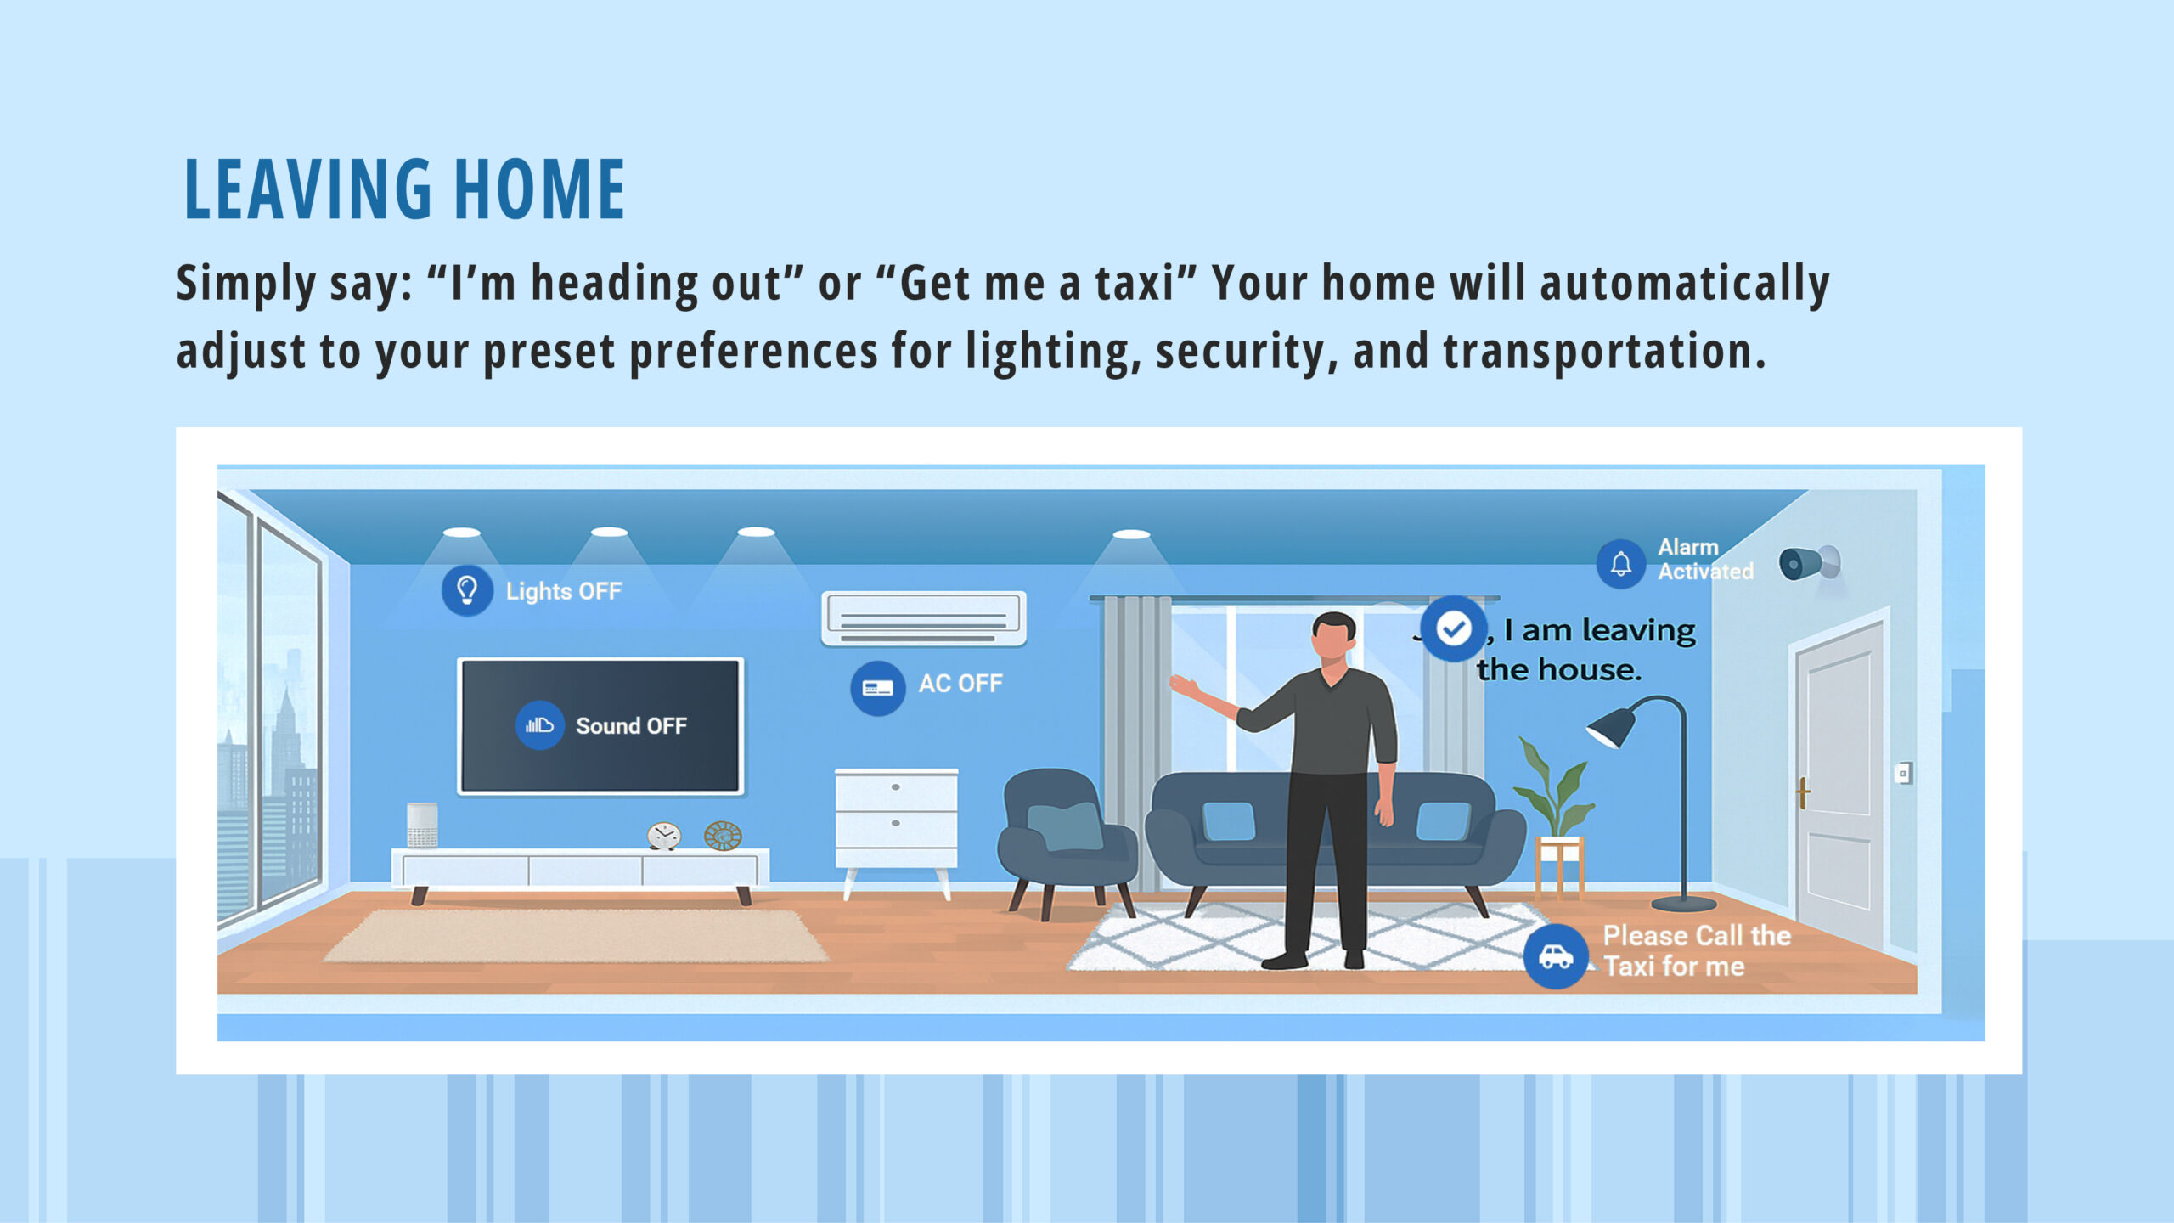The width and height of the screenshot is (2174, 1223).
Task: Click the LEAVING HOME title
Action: tap(404, 189)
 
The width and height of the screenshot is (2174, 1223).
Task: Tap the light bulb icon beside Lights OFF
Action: tap(467, 590)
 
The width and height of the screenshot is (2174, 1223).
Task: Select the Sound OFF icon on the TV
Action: tap(539, 725)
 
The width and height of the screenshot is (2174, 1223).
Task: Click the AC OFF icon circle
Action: tap(877, 688)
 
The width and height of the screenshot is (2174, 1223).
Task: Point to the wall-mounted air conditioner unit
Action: tap(924, 618)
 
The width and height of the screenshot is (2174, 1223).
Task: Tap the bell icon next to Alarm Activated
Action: tap(1621, 564)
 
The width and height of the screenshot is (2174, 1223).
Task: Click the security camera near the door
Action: tap(1810, 563)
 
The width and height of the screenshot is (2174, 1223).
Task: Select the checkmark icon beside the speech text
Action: tap(1454, 629)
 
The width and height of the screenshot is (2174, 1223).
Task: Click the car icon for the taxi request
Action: tap(1556, 957)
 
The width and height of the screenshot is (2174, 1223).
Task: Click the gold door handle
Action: tap(1802, 792)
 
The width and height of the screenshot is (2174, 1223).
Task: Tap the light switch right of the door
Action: tap(1903, 774)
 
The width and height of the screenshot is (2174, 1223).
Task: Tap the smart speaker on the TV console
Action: tap(422, 825)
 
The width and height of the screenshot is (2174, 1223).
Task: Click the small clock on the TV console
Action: tap(663, 836)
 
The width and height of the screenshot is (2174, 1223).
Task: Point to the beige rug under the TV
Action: tap(576, 936)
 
